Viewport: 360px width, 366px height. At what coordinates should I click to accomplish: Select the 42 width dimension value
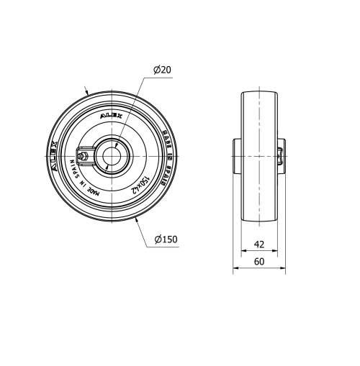pos(258,244)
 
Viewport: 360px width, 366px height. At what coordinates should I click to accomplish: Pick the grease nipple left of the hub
pos(84,153)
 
